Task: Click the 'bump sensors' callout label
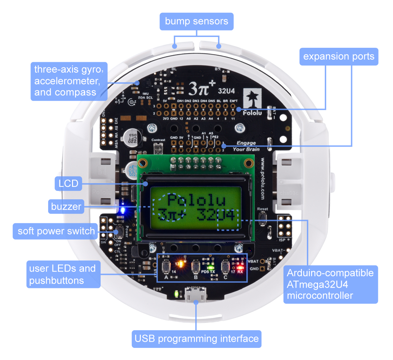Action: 196,22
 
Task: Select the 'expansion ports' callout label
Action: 339,57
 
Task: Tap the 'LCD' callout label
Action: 68,183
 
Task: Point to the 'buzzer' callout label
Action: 66,207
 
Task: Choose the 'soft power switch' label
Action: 56,231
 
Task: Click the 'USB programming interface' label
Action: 196,339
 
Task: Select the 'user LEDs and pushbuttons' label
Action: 63,274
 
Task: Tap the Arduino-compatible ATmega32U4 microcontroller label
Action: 330,284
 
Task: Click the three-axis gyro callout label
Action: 69,81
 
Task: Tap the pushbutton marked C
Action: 225,266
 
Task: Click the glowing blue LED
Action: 122,210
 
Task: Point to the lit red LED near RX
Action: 240,267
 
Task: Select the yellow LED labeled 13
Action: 180,263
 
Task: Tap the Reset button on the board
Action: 262,217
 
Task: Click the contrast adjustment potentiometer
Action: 158,149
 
